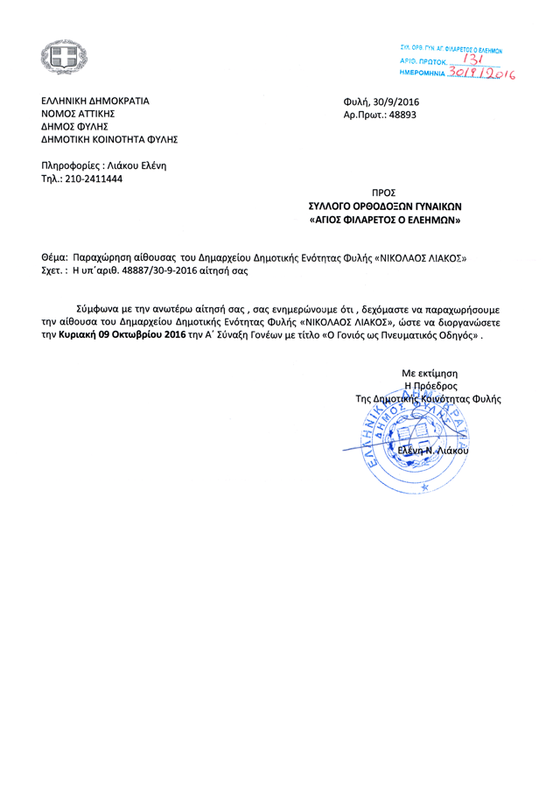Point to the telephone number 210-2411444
91,179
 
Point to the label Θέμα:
54,258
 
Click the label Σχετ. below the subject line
55,271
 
